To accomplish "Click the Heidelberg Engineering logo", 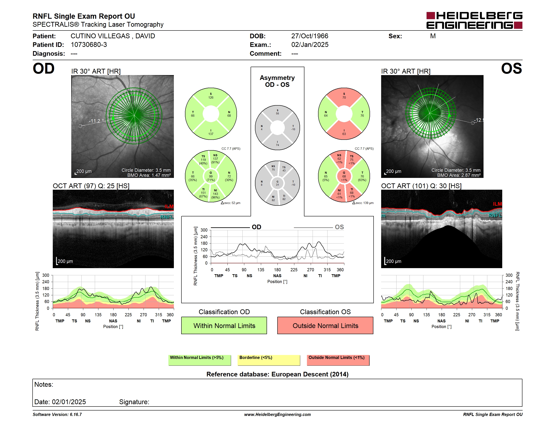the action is tap(474, 20).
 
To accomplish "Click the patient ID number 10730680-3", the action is tap(89, 45).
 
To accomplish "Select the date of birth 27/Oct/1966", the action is tap(309, 36).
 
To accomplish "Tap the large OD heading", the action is tap(44, 68).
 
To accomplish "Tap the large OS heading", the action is tap(511, 68).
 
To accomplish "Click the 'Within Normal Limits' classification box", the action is tap(224, 325).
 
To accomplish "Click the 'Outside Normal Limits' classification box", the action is tap(325, 325).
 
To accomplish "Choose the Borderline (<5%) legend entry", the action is tap(269, 360).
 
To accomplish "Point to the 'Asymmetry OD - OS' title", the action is tap(277, 81).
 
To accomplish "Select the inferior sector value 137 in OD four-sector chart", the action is tap(211, 134).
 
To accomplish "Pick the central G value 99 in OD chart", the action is tap(211, 176).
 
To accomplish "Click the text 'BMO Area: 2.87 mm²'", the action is tap(459, 175).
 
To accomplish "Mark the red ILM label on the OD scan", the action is tap(169, 206).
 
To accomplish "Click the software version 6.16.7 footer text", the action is tap(57, 414).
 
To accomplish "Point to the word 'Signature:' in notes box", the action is tap(134, 402).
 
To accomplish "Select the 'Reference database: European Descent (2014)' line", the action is tap(277, 374).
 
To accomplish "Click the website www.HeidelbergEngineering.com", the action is tap(277, 414).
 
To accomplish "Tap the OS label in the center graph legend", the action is tap(339, 227).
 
